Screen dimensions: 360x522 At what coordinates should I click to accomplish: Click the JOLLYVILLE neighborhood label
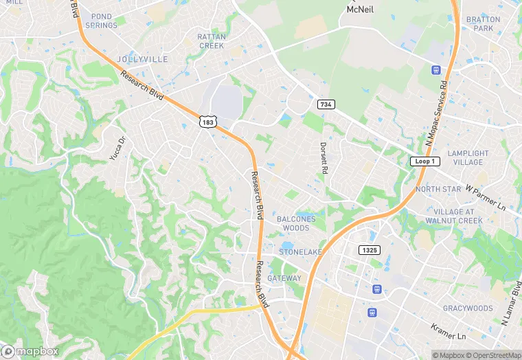[142, 59]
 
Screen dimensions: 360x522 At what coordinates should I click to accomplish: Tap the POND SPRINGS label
[101, 21]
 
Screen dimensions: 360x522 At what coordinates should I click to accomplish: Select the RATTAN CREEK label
[211, 41]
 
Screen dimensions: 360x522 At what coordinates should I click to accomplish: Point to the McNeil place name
[361, 9]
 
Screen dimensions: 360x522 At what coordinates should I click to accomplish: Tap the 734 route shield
[326, 104]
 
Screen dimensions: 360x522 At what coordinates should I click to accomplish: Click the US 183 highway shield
[207, 122]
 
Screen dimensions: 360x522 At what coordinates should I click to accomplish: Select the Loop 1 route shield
[424, 161]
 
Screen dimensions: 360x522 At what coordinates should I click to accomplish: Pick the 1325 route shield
[369, 249]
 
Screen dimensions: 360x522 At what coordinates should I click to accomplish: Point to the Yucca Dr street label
[118, 148]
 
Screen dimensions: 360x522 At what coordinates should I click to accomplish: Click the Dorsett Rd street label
[324, 157]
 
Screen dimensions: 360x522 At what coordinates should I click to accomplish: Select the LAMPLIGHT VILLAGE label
[468, 158]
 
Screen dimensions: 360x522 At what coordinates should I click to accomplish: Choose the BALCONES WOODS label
[297, 223]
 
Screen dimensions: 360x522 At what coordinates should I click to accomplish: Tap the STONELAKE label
[300, 252]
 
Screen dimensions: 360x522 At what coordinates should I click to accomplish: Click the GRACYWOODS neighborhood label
[467, 308]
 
